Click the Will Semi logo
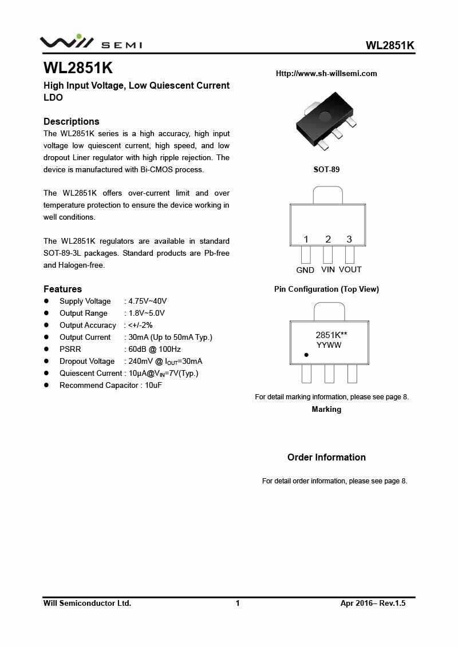point(90,42)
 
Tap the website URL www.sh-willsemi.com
point(326,74)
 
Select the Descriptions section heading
point(72,121)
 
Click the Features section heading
point(62,289)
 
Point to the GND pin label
point(305,270)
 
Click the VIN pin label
point(328,269)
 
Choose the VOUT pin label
point(350,269)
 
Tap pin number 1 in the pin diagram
point(306,239)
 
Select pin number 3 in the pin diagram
point(349,239)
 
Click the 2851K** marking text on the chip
point(331,336)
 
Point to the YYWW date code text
point(329,346)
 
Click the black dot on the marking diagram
point(306,355)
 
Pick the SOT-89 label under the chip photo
point(326,170)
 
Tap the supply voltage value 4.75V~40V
point(148,301)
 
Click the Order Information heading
point(326,457)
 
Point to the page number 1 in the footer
point(238,603)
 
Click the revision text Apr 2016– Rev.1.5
point(373,603)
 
